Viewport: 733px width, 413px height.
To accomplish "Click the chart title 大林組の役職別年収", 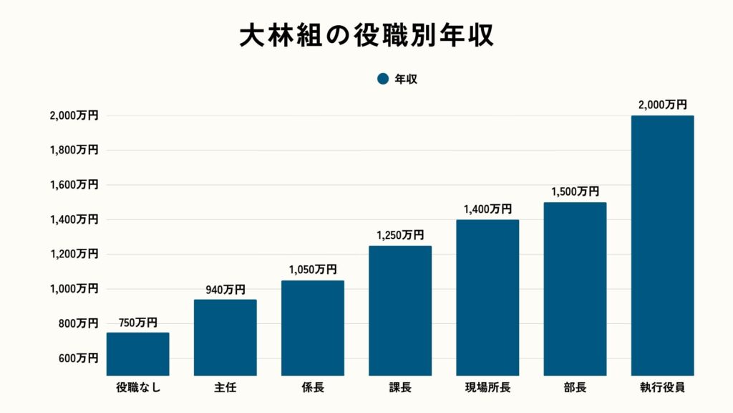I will click(366, 36).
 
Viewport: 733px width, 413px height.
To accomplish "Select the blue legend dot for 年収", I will click(382, 80).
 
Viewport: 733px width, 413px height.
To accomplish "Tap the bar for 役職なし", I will click(138, 354).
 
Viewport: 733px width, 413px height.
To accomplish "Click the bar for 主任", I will click(225, 338).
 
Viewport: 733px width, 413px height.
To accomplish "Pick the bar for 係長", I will click(313, 328).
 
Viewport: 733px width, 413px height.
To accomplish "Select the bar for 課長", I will click(400, 310).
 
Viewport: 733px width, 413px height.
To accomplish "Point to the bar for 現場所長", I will click(487, 298).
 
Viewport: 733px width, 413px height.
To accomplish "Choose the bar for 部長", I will click(575, 289).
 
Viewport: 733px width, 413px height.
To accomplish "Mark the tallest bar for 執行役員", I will click(662, 245).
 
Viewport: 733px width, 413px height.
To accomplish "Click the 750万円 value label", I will click(138, 323).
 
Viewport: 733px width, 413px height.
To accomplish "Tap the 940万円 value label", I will click(225, 290).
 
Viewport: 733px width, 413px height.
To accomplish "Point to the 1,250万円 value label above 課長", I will click(400, 235).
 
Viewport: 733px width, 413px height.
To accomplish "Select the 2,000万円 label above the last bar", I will click(662, 105).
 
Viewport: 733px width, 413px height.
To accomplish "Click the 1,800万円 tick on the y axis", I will click(74, 150).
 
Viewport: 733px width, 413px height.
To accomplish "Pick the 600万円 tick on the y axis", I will click(79, 358).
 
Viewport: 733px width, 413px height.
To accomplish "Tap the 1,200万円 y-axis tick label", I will click(74, 254).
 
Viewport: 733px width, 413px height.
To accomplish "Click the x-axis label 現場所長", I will click(487, 389).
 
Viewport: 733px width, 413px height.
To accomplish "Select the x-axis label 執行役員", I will click(662, 389).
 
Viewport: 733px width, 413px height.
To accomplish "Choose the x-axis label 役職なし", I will click(138, 389).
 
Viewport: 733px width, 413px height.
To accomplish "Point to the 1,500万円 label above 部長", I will click(575, 191).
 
